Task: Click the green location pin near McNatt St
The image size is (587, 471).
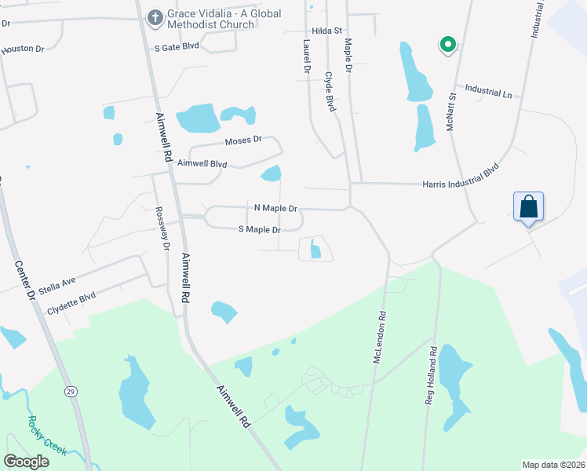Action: tap(447, 45)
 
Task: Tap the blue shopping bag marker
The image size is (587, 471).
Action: tap(529, 207)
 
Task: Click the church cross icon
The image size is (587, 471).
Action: tap(155, 16)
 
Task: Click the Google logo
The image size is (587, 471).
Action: tap(27, 461)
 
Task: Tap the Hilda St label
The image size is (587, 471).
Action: tap(327, 31)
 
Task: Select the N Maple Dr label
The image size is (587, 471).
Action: tap(275, 209)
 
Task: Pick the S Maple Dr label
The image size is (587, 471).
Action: tap(259, 230)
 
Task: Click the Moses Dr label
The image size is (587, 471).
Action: tap(242, 141)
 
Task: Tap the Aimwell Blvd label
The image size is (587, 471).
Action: tap(202, 164)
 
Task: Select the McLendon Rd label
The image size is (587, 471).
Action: tap(379, 338)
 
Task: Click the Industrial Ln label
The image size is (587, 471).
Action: tap(487, 92)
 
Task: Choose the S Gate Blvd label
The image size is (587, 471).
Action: tap(177, 47)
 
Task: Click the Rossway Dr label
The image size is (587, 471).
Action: tap(162, 228)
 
